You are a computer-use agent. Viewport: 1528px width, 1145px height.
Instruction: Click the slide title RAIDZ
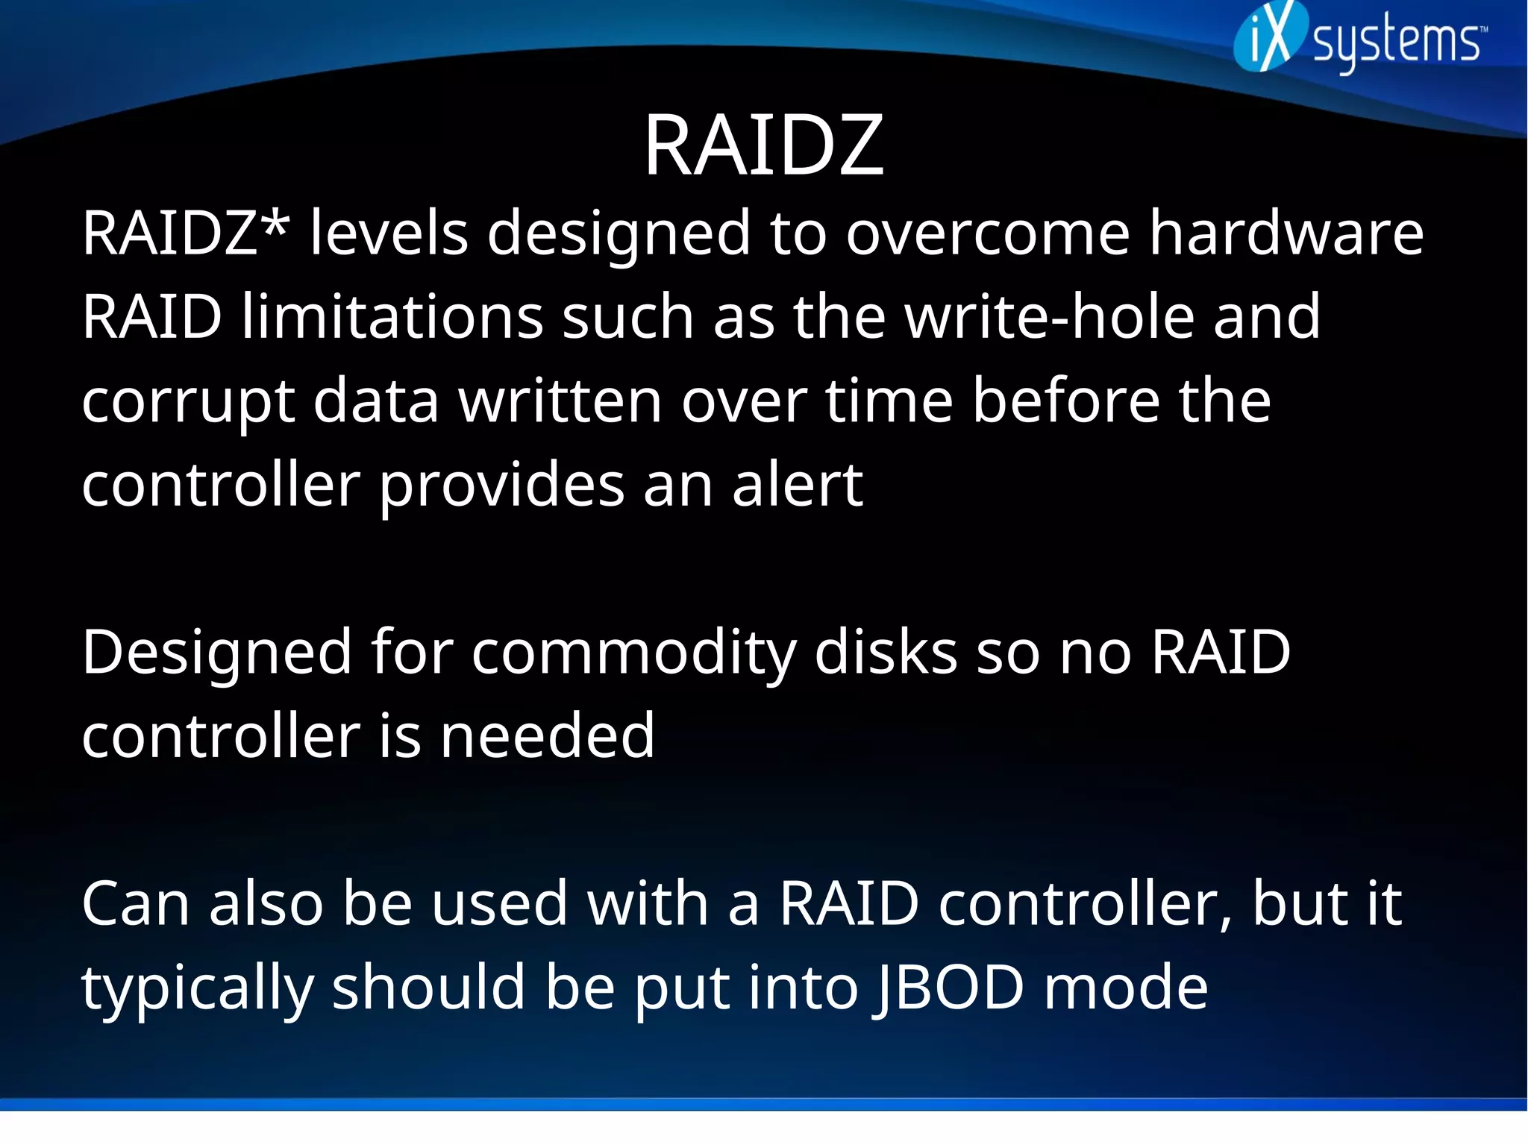click(x=763, y=145)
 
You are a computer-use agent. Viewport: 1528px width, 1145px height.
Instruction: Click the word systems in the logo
click(x=1396, y=43)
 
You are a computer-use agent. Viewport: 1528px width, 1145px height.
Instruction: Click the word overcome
click(x=988, y=234)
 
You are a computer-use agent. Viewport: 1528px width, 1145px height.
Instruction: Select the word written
click(x=560, y=401)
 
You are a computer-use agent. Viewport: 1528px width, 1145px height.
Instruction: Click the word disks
click(x=886, y=652)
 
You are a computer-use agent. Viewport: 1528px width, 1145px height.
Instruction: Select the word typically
click(x=197, y=989)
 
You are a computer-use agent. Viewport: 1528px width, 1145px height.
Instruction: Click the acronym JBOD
click(x=948, y=988)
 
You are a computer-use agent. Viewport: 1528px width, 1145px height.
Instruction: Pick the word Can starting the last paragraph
click(x=135, y=903)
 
